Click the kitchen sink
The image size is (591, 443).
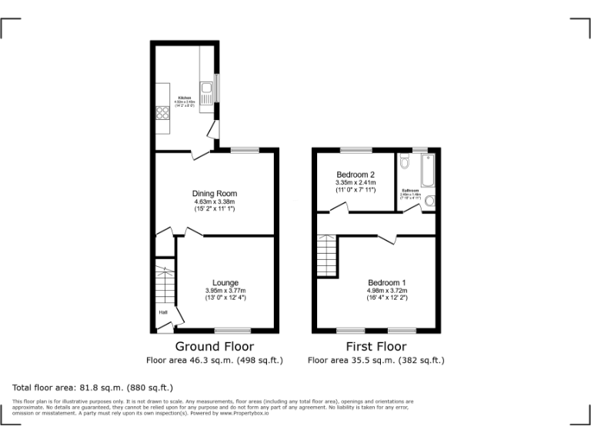point(206,98)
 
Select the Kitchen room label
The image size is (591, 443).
point(185,98)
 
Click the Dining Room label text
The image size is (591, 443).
point(215,193)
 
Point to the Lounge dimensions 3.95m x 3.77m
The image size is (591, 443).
point(225,290)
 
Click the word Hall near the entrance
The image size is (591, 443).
point(163,312)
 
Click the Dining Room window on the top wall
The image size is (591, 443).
point(245,150)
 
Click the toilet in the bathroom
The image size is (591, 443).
point(405,163)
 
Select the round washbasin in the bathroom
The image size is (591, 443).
point(429,202)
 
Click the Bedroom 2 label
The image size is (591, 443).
point(355,175)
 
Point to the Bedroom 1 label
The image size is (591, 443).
point(387,281)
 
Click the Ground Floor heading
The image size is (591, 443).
point(215,346)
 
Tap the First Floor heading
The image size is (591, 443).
point(376,346)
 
